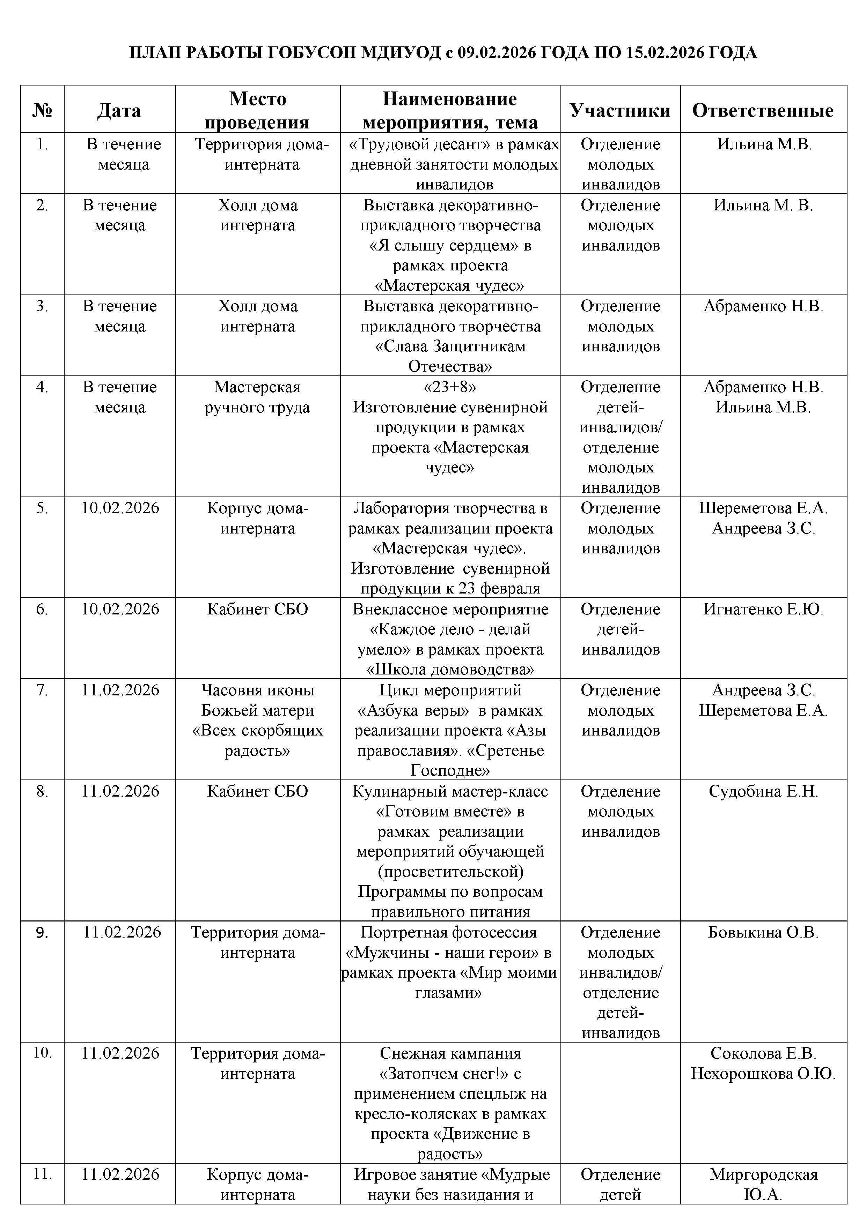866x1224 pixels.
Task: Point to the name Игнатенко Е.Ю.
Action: pos(763,609)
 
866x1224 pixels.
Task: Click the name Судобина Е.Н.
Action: pos(763,791)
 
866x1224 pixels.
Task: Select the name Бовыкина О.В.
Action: pos(763,932)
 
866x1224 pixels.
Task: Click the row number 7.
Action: pos(42,691)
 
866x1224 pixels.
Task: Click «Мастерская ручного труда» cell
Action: pos(257,397)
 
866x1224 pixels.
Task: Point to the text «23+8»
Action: pos(449,387)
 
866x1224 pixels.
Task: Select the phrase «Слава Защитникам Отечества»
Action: pos(450,357)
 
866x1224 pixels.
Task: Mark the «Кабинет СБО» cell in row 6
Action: pos(257,609)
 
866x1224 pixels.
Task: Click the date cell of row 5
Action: pos(120,508)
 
